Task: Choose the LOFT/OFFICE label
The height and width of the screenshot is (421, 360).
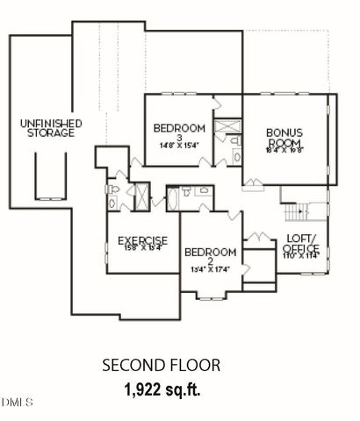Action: [x=300, y=243]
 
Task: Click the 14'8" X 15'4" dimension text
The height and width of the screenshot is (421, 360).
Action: [x=178, y=145]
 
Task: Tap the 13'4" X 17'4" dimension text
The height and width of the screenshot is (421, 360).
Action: [x=210, y=269]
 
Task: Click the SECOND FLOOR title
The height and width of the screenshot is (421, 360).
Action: [x=161, y=365]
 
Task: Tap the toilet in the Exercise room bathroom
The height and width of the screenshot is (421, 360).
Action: [x=112, y=189]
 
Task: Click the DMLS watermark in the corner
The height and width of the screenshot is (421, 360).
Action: [x=17, y=403]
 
